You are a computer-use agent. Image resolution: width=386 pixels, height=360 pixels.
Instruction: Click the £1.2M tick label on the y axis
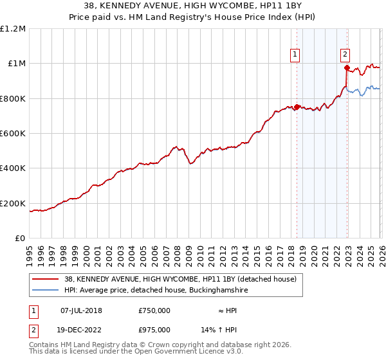coord(13,29)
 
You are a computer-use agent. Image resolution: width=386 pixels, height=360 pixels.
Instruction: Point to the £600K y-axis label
coord(13,134)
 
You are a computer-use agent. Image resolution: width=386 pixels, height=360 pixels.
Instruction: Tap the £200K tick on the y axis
coord(13,204)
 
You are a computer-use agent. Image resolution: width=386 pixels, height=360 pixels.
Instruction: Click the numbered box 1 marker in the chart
coord(295,55)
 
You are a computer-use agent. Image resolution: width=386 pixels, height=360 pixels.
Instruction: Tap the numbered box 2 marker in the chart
coord(345,55)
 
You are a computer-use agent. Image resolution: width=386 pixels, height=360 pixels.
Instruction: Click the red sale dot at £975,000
coord(347,67)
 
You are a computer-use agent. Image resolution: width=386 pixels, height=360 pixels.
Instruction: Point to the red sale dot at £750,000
coord(297,107)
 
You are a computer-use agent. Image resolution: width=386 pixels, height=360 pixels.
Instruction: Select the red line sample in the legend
coord(46,280)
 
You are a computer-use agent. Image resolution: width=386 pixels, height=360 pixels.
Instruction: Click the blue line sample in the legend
coord(46,291)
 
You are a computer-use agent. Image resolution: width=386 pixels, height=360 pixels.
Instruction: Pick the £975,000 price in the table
coord(154,329)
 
